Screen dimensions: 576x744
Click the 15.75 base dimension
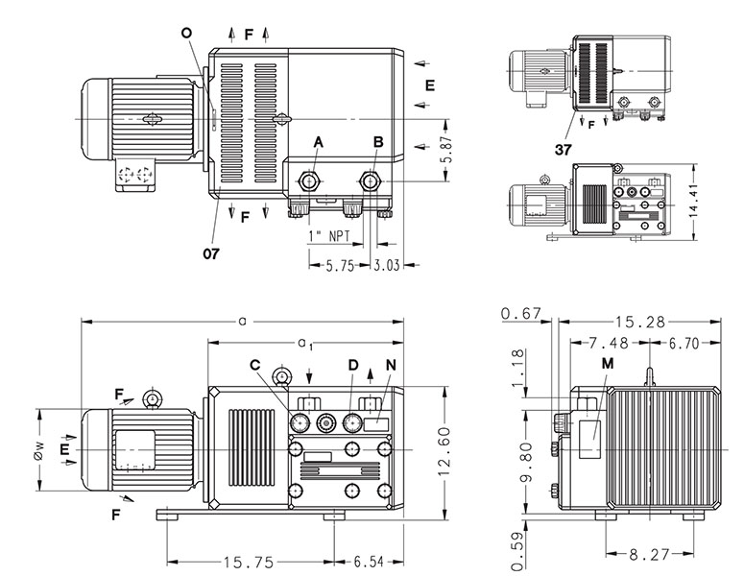245,562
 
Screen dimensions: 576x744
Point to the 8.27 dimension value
651,554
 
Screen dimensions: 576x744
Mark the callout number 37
565,150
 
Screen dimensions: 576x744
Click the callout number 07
210,254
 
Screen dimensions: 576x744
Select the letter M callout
607,363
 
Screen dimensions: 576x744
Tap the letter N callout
389,365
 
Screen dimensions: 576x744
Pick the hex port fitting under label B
372,180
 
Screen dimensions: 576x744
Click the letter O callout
185,33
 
